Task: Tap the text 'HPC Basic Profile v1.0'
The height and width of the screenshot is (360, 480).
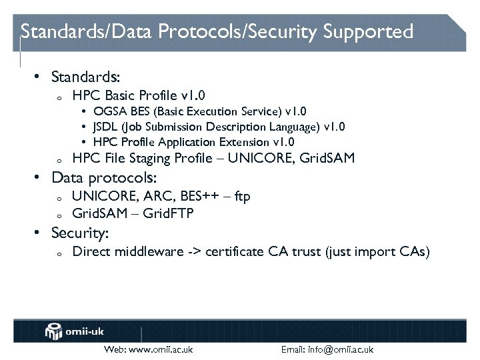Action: (x=138, y=95)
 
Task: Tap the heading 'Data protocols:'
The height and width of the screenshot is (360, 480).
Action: (x=104, y=178)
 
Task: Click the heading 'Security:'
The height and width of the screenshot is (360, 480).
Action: (x=80, y=233)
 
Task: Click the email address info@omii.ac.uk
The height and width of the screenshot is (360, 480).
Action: (x=343, y=349)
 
